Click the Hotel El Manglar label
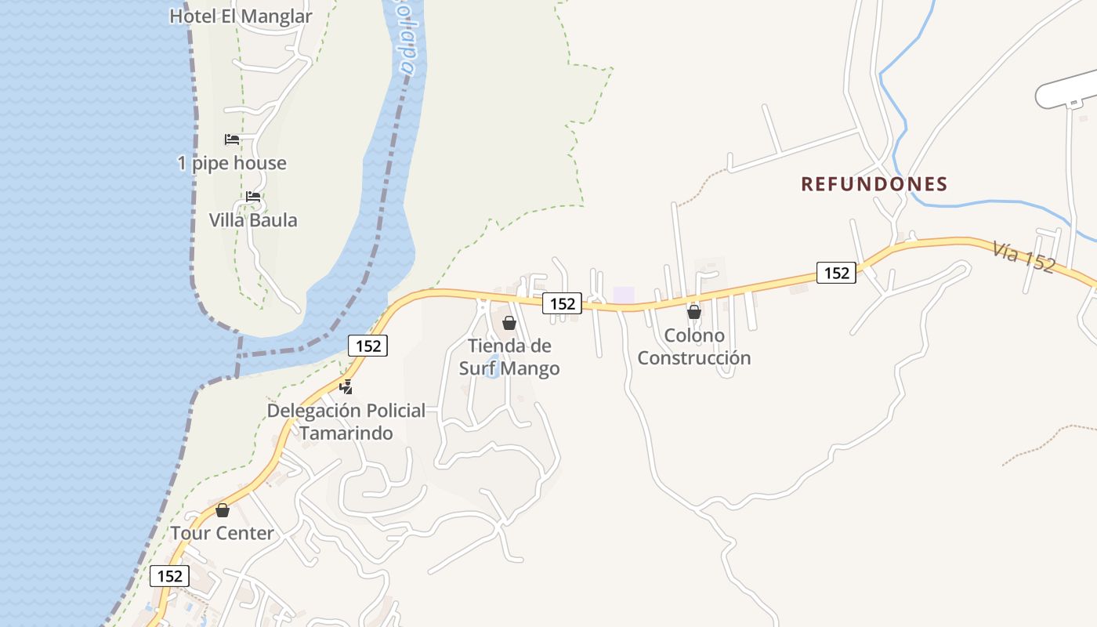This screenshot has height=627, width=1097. (x=241, y=16)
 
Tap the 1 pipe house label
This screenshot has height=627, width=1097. (x=232, y=163)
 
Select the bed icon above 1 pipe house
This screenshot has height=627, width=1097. (x=232, y=140)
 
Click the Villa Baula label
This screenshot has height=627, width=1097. (x=253, y=220)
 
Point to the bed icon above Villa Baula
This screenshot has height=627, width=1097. (x=253, y=197)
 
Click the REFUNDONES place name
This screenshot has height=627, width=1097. (x=874, y=184)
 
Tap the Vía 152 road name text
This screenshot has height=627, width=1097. (x=1023, y=256)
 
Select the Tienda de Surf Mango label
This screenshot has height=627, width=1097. (x=509, y=357)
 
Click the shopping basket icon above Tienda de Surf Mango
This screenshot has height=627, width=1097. (x=509, y=323)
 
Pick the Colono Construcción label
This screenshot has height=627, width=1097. (x=693, y=346)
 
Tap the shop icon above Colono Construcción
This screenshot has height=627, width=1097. (x=693, y=312)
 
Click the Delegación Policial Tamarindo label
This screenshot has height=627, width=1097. (x=346, y=422)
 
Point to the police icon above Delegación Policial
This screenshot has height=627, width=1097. (x=346, y=386)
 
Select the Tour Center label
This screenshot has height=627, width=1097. (x=223, y=534)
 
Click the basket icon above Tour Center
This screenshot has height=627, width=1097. (x=223, y=510)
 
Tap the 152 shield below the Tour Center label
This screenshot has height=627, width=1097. (x=169, y=576)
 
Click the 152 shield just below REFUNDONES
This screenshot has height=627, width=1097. (x=836, y=273)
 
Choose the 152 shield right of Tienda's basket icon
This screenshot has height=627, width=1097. (x=563, y=303)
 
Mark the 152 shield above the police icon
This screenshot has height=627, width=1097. (x=368, y=346)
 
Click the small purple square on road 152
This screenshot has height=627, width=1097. (x=624, y=295)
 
